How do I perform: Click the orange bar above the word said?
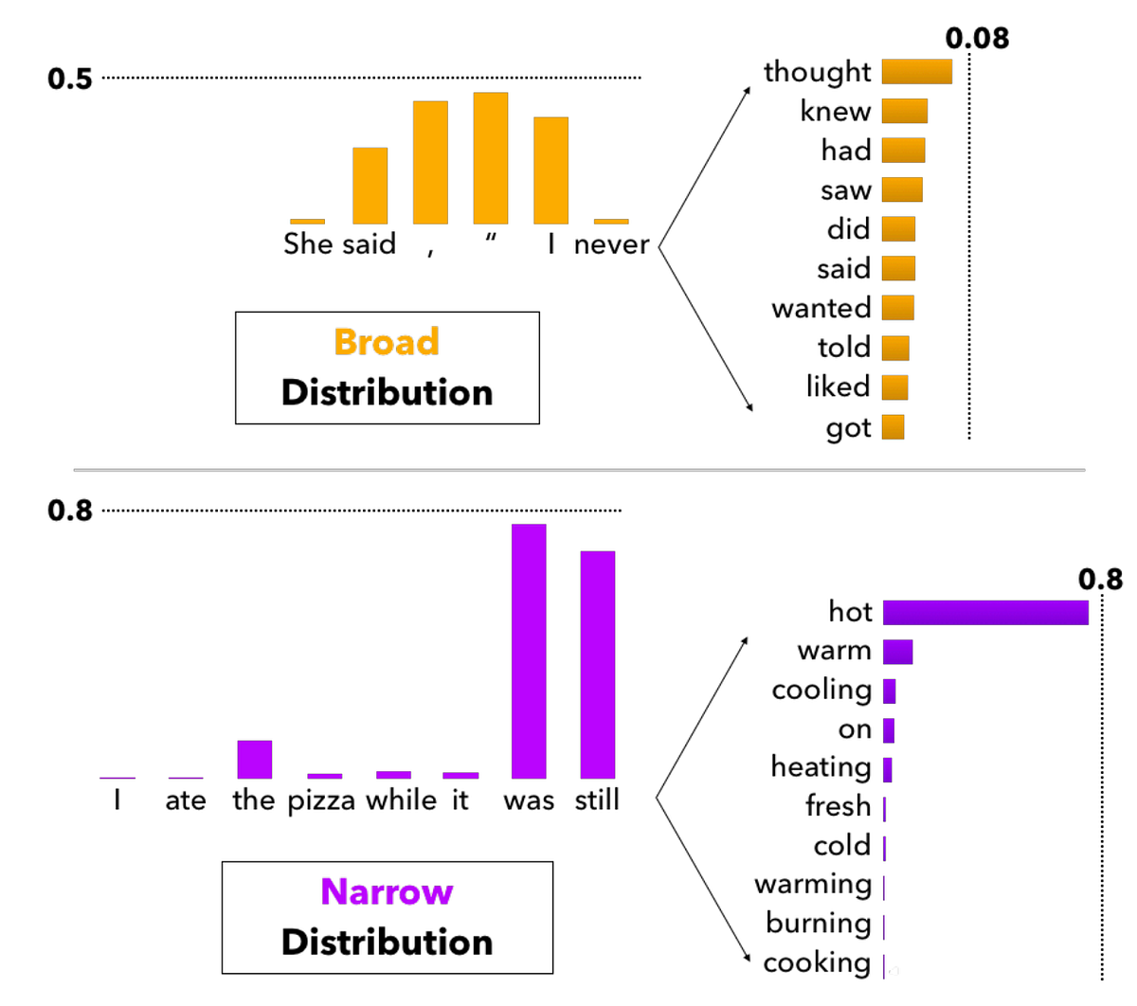click(370, 186)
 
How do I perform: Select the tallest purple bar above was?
click(529, 651)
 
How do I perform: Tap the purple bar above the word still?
click(597, 664)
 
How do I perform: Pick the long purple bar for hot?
click(985, 612)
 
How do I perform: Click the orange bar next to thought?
click(916, 72)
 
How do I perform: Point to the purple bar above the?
click(254, 759)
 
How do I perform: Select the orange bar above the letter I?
click(550, 171)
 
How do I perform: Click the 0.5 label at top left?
click(70, 79)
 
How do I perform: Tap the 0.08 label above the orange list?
click(977, 39)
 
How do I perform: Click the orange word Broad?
click(387, 342)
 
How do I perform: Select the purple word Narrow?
click(387, 891)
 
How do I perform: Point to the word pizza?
click(321, 800)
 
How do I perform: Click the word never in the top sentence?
click(611, 244)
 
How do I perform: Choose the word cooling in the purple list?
click(821, 690)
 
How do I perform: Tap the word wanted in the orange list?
click(821, 308)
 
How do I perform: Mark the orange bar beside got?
click(893, 427)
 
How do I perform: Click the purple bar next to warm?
click(897, 652)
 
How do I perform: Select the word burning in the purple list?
click(818, 923)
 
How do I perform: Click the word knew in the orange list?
click(835, 111)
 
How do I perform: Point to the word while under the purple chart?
click(401, 800)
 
